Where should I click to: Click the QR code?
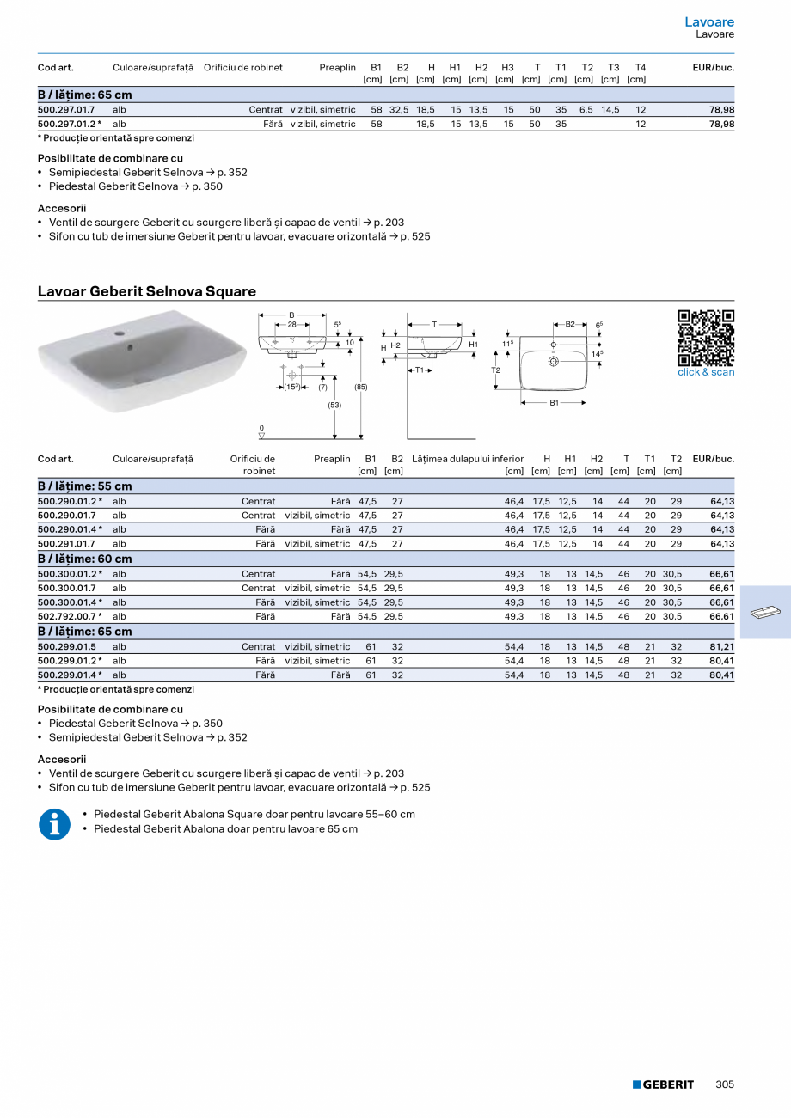tap(706, 338)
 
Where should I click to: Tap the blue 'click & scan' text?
tap(706, 372)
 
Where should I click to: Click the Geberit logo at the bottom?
tap(663, 1084)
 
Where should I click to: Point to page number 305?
tap(725, 1084)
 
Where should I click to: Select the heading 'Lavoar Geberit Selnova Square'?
tap(147, 291)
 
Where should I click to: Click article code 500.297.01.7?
tap(66, 110)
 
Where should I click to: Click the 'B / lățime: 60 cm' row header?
tap(85, 559)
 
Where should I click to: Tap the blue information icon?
tap(54, 824)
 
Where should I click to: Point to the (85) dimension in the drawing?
tap(361, 387)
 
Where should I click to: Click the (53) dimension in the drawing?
tap(334, 405)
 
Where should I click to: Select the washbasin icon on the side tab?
tap(764, 613)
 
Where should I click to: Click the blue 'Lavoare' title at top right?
tap(709, 21)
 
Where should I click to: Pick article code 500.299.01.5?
tap(67, 647)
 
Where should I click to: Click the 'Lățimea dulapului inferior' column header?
tap(468, 459)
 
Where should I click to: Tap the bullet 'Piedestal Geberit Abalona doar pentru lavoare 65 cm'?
tap(225, 829)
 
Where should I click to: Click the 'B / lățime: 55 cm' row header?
tap(85, 486)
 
